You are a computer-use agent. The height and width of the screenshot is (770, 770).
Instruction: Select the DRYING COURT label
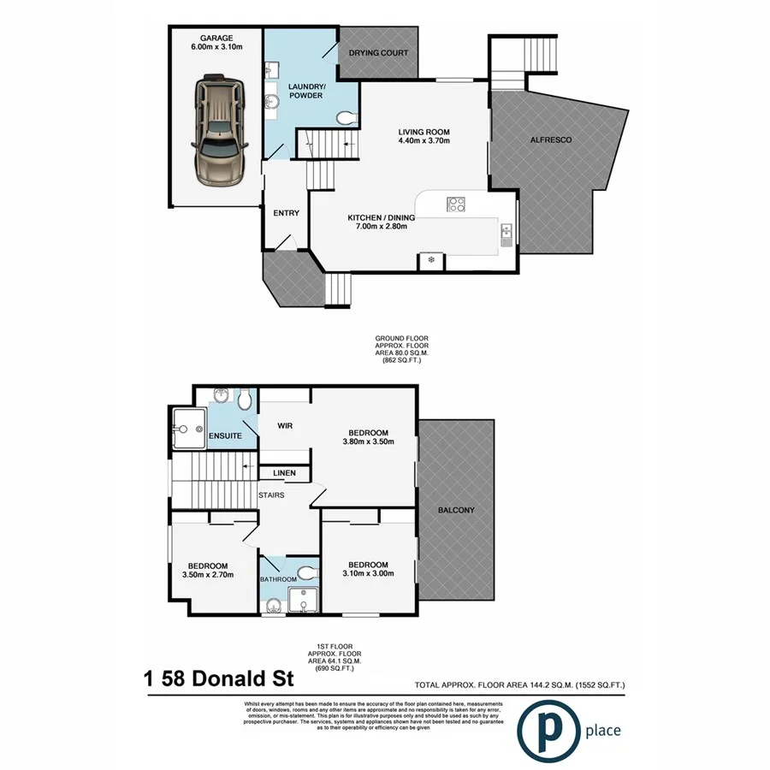(x=378, y=53)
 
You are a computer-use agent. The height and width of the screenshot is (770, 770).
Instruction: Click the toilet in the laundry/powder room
(x=344, y=117)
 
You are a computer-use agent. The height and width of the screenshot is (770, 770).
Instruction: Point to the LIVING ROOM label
(x=423, y=132)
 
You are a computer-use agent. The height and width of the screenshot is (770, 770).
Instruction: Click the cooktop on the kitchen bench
(x=456, y=204)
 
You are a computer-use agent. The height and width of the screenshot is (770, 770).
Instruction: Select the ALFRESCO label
(x=551, y=139)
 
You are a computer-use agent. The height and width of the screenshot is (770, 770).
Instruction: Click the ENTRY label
(x=285, y=213)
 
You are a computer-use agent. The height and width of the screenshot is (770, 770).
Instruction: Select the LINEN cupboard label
(x=284, y=473)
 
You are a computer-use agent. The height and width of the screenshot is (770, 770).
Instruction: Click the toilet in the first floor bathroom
(x=305, y=572)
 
